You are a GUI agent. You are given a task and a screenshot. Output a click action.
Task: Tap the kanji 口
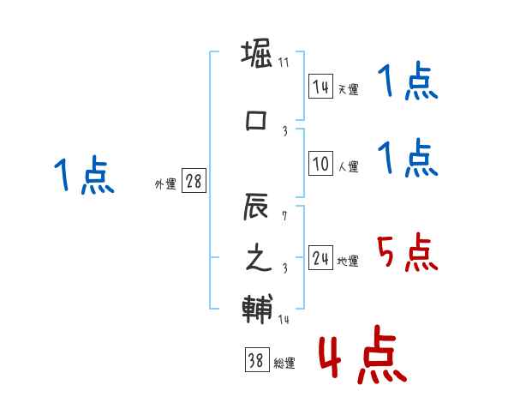click(x=257, y=119)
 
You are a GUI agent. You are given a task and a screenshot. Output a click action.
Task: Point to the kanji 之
click(x=258, y=259)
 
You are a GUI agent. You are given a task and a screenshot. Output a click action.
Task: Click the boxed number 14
click(x=321, y=87)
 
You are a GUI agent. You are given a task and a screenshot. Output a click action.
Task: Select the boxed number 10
click(x=321, y=164)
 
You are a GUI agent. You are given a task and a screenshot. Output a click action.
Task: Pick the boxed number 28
click(x=194, y=183)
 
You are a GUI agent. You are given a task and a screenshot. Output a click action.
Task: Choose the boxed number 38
click(x=255, y=361)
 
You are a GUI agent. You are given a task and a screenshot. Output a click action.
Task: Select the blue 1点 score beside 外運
click(x=83, y=176)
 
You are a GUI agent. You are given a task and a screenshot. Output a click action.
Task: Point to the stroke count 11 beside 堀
click(x=284, y=63)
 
